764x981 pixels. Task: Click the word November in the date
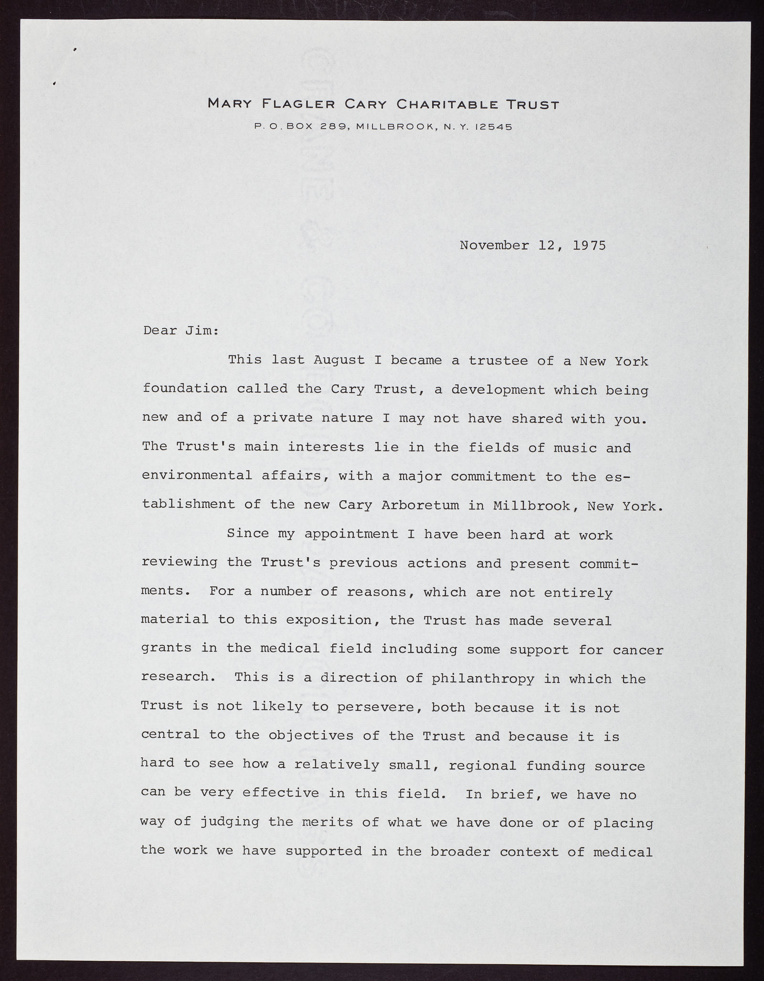(494, 246)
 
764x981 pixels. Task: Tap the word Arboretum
(421, 506)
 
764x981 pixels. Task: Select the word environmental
(197, 476)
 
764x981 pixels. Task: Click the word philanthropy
(483, 679)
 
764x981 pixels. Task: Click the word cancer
(638, 650)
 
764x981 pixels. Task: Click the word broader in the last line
(460, 852)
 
